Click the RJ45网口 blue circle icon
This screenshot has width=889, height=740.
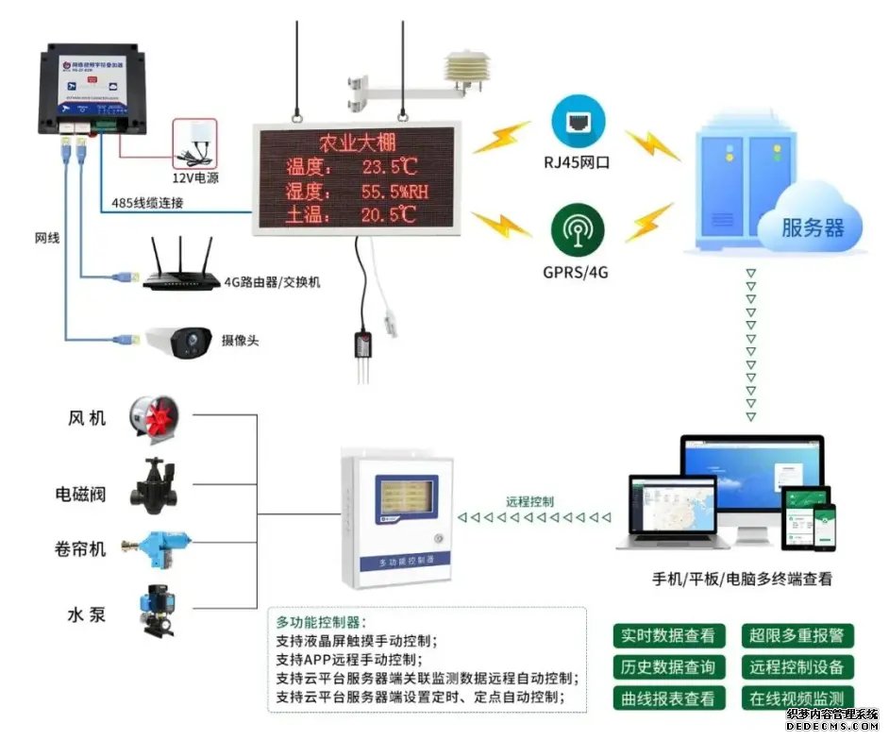click(579, 122)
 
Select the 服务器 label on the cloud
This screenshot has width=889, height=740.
click(812, 227)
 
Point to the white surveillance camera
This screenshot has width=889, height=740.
click(179, 340)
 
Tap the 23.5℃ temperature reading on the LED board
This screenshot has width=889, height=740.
click(389, 168)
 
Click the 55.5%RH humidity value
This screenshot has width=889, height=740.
click(394, 192)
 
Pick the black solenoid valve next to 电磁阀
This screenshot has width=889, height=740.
click(155, 486)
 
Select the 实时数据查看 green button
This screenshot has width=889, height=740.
click(668, 636)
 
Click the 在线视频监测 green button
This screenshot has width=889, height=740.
click(797, 698)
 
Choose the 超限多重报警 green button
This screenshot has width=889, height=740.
click(797, 636)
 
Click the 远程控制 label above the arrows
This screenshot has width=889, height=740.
click(530, 502)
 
